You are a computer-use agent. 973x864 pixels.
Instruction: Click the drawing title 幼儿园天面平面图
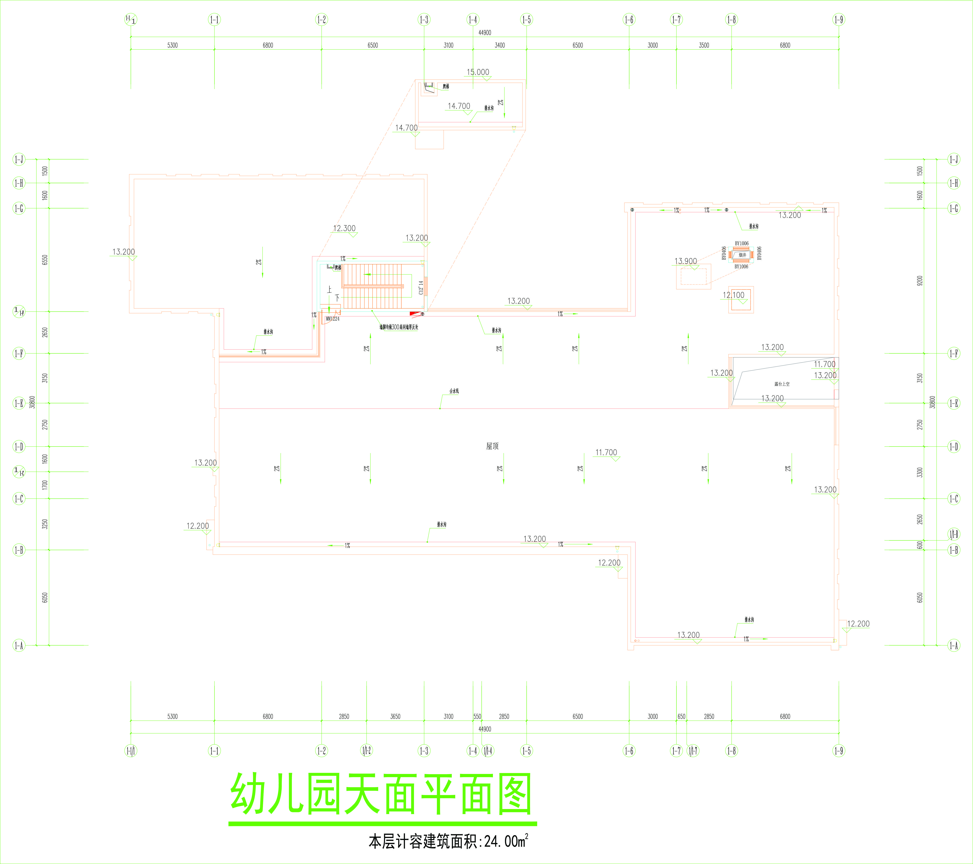tap(381, 794)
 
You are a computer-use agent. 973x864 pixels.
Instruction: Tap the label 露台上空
tap(782, 384)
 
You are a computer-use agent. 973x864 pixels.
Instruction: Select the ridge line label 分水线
tap(454, 391)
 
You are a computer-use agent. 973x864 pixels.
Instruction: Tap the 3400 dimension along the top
tap(499, 45)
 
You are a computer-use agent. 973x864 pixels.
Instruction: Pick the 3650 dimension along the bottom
tap(395, 716)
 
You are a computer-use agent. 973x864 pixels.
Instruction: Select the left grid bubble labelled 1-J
tap(19, 159)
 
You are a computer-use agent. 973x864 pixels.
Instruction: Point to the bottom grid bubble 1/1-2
tap(366, 751)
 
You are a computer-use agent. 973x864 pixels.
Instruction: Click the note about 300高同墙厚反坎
tap(399, 327)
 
